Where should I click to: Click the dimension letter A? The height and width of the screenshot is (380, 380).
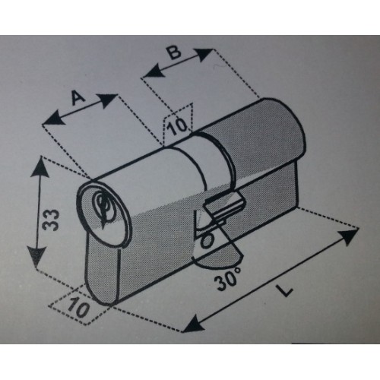coord(78,98)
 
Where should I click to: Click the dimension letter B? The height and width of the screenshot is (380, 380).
coord(175,52)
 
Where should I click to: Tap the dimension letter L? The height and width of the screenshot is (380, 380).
coord(285,290)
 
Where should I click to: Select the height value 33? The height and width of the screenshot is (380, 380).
coord(51,220)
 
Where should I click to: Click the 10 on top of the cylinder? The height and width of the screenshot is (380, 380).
coord(178,125)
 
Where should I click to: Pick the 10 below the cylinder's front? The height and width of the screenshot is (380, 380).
coord(78,307)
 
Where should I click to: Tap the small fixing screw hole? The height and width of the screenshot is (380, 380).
coord(207,241)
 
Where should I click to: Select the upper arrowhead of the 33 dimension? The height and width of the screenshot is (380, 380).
coord(40,167)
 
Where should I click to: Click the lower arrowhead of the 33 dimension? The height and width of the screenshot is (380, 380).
coord(36,256)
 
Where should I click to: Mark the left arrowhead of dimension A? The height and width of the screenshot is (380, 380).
coord(53,119)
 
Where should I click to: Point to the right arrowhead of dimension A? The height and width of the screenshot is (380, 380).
coord(107,100)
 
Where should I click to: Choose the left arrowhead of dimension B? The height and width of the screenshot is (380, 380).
coord(154,70)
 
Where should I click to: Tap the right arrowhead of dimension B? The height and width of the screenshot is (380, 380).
coord(203,54)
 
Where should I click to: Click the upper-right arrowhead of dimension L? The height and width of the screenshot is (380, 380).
coord(348,236)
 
